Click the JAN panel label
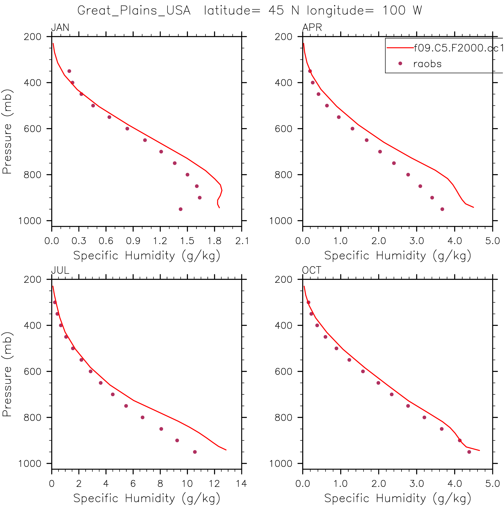point(60,27)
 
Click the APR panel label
point(312,27)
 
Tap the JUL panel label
point(60,270)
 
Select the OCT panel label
point(311,270)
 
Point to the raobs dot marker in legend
point(400,63)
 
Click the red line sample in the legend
point(400,48)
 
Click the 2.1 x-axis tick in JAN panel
point(242,241)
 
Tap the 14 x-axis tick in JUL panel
point(241,483)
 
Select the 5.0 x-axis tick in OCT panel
point(493,483)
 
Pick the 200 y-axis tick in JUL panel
point(33,279)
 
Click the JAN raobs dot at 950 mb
point(180,209)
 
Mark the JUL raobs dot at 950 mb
point(195,452)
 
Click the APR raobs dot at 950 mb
point(442,209)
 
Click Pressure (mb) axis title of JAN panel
point(7,131)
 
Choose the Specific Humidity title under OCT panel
point(397,498)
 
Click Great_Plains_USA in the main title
point(134,11)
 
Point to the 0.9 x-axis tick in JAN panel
point(133,241)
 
